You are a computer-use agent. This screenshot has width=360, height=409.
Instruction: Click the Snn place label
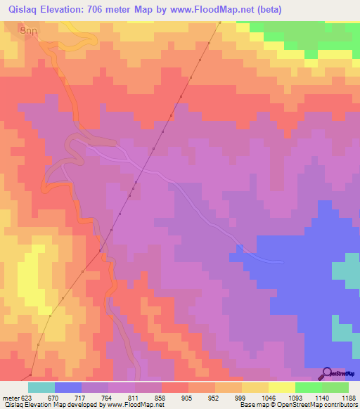click(x=27, y=31)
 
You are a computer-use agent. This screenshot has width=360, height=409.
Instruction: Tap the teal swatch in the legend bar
click(x=41, y=387)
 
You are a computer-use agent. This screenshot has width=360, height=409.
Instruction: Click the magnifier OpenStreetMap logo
click(x=328, y=374)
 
